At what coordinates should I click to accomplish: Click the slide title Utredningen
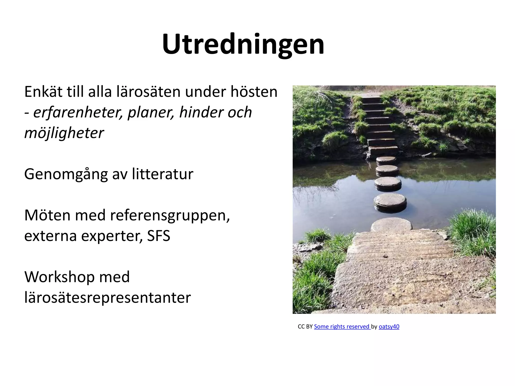(243, 44)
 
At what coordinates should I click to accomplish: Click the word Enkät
(43, 92)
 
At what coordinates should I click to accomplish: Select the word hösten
(254, 92)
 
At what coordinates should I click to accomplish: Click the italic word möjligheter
(64, 133)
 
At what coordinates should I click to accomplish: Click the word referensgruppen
(170, 216)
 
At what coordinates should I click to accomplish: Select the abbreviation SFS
(158, 236)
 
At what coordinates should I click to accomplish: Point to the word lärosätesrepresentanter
(107, 298)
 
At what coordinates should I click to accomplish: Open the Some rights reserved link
(342, 326)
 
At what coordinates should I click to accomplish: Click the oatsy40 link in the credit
(389, 326)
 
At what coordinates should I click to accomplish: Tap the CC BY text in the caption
(305, 326)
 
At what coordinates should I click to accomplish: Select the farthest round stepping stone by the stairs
(386, 160)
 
